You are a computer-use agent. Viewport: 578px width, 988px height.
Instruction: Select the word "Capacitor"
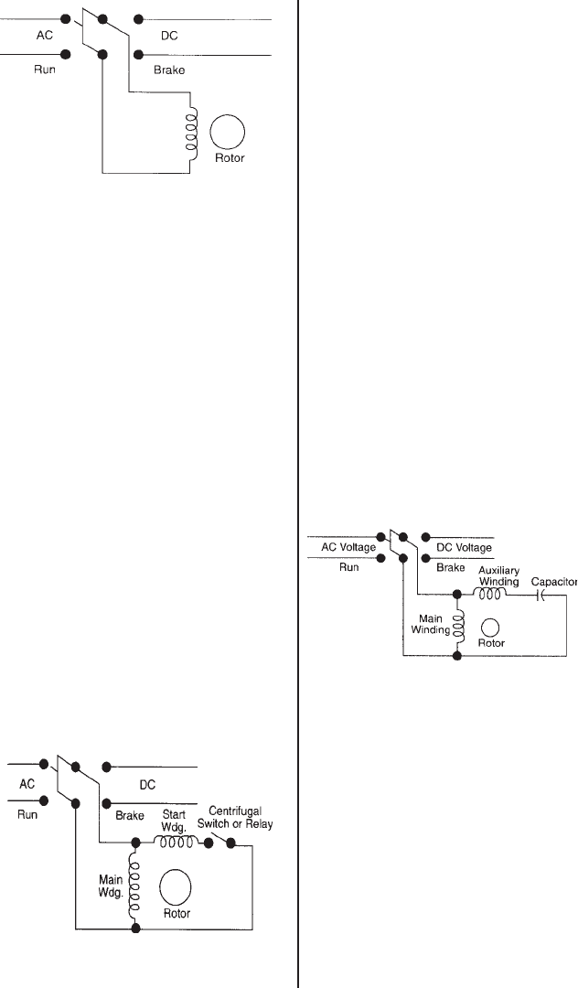click(553, 581)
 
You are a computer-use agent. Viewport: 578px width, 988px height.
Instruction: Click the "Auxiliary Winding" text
click(498, 575)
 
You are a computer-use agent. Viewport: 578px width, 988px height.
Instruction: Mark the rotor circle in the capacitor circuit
click(491, 627)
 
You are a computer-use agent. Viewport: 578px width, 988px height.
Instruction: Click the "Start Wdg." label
click(174, 819)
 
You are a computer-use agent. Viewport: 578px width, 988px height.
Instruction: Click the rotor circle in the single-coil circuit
click(227, 134)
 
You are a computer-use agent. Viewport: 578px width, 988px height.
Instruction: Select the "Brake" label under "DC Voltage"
click(450, 568)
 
